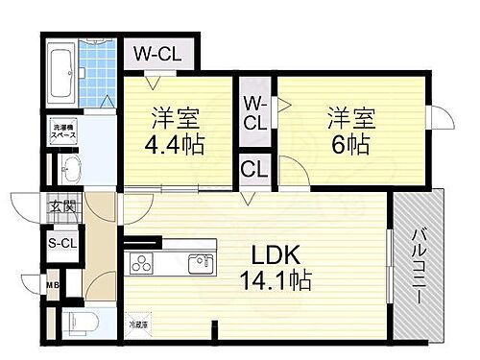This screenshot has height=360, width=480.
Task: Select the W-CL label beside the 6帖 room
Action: [254, 112]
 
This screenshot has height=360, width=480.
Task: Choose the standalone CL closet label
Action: [253, 171]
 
